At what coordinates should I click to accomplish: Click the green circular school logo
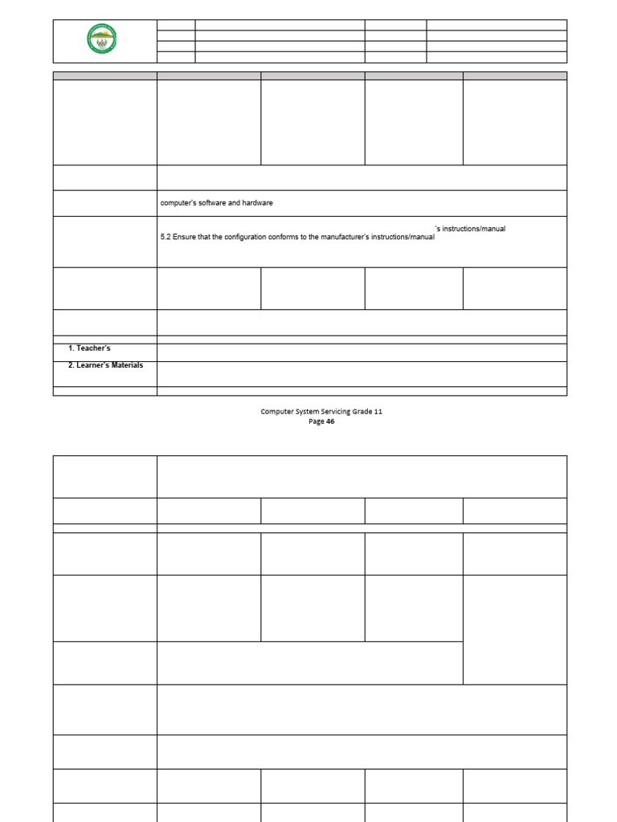[102, 39]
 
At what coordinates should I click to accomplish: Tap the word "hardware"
[257, 203]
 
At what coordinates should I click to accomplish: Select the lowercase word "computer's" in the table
[178, 203]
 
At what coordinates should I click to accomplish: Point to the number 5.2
[166, 238]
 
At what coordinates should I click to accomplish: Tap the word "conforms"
[291, 238]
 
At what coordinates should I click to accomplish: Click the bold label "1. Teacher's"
[89, 348]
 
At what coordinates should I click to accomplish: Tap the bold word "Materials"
[128, 365]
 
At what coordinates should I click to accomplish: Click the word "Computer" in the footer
[276, 411]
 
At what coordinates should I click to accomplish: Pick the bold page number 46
[330, 421]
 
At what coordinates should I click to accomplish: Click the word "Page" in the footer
[317, 421]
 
